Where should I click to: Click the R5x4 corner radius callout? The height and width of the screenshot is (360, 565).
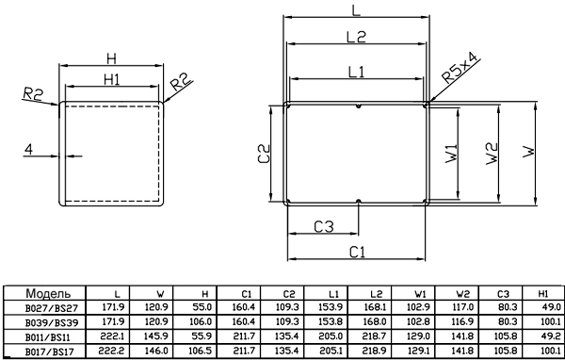point(460,68)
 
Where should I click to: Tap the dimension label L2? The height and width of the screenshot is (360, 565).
point(356,37)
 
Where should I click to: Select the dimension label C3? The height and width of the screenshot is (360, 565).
point(324,227)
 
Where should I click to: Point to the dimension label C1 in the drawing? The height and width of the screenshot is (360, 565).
point(358,253)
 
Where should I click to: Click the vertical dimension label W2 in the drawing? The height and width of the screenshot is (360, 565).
point(492,154)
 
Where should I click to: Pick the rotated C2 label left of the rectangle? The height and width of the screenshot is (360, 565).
point(264,154)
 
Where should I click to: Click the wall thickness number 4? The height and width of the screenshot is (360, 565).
point(28,149)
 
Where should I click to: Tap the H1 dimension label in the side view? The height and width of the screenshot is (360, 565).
point(112,79)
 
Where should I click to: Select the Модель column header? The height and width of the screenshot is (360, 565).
point(48,293)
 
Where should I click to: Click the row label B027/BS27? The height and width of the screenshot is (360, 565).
point(52,308)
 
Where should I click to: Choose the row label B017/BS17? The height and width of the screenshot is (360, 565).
point(52,352)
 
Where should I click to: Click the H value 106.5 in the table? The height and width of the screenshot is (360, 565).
point(200,351)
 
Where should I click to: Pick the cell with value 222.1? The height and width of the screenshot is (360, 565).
point(112,336)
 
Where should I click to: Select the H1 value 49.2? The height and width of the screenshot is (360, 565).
point(552,336)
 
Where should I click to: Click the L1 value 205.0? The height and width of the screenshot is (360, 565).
point(331,336)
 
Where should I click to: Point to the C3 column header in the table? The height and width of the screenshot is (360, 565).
point(503,294)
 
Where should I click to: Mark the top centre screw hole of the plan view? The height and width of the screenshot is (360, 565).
point(358,106)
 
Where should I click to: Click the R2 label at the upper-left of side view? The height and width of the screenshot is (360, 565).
point(33,94)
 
